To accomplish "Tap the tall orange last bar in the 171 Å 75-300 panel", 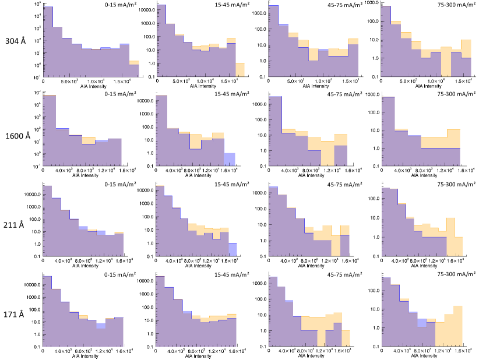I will coord(457,326).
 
